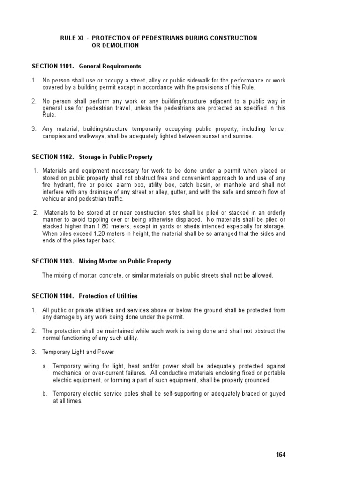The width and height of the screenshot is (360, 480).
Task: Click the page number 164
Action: point(280,454)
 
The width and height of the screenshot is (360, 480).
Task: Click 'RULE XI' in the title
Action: point(70,38)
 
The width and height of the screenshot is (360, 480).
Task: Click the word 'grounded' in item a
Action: point(257,380)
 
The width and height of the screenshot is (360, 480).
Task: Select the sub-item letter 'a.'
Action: point(45,366)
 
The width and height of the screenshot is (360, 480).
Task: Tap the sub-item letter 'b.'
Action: point(45,393)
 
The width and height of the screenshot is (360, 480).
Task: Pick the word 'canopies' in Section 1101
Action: point(54,136)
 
